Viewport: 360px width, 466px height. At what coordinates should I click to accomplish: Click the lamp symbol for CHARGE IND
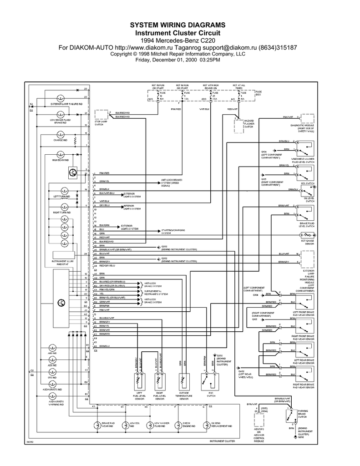[x=60, y=135]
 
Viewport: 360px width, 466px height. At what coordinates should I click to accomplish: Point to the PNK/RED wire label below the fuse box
[x=175, y=109]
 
